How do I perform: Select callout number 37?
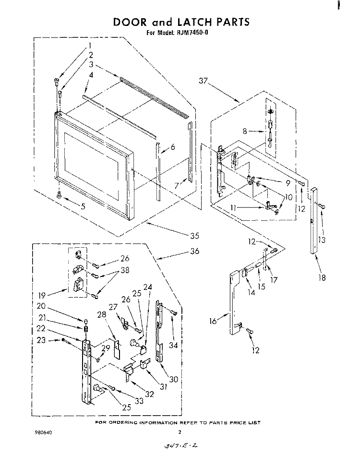click(x=204, y=82)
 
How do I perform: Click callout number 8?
click(x=245, y=131)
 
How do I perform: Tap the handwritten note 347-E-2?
click(x=181, y=446)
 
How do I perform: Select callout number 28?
click(x=102, y=314)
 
